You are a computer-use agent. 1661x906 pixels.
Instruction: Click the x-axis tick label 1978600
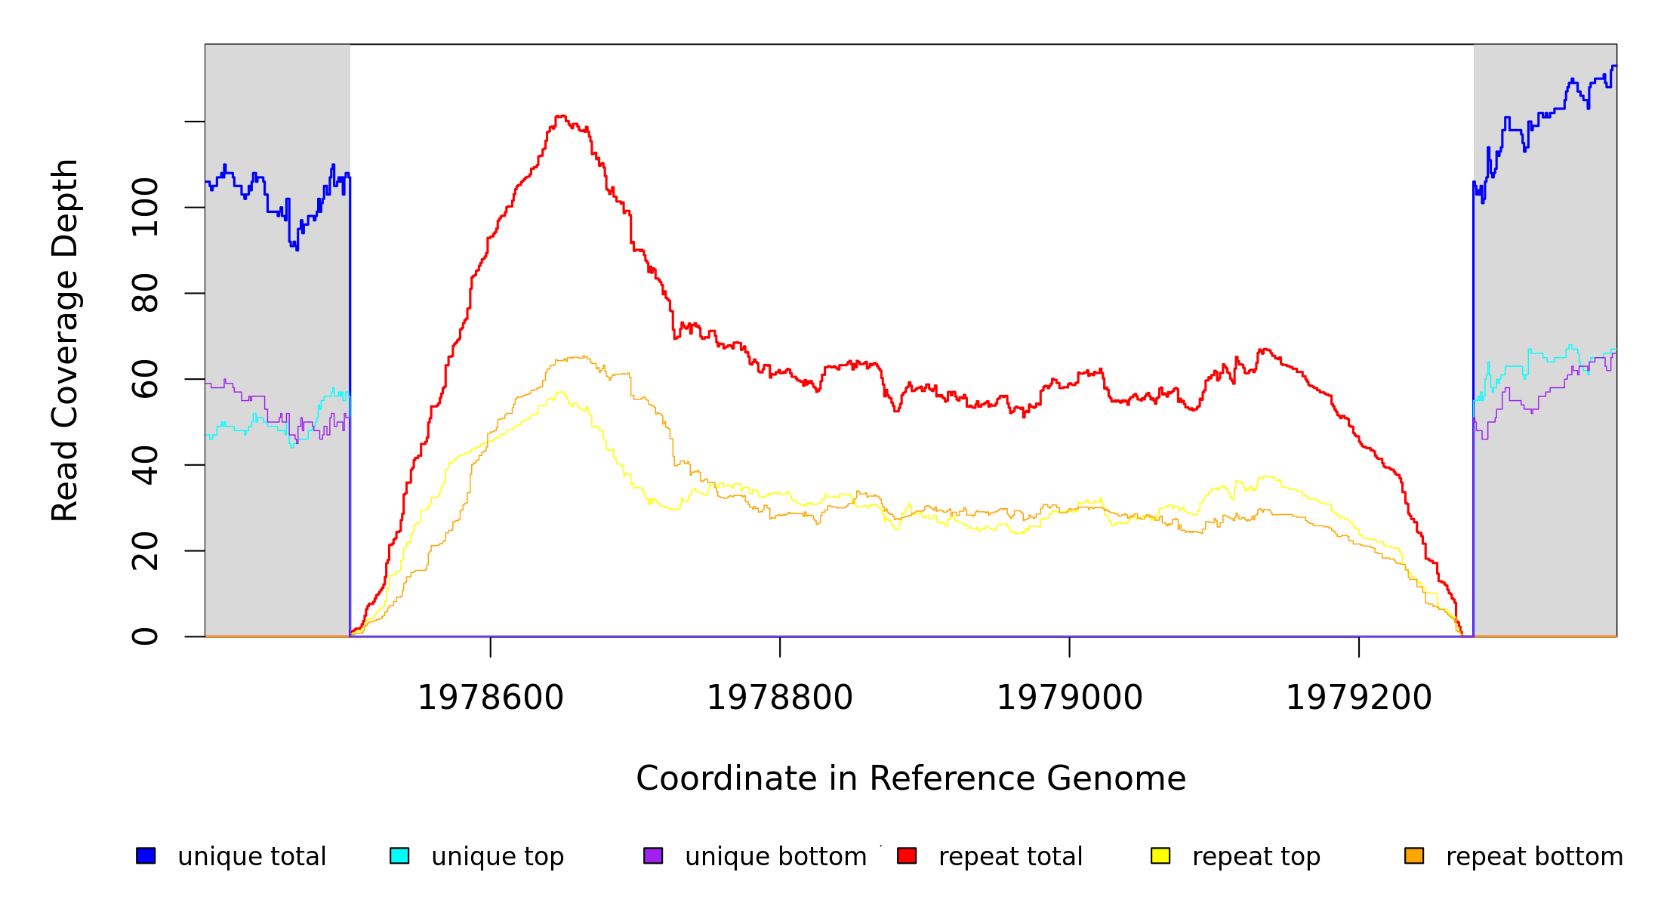(491, 698)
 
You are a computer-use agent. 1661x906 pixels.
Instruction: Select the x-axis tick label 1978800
(780, 698)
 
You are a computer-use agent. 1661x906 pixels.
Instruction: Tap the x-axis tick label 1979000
(1069, 698)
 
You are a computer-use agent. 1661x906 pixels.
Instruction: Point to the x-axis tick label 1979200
(1358, 698)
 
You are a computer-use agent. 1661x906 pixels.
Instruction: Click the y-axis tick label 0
(145, 636)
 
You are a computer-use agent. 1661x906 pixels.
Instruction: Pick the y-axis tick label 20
(145, 551)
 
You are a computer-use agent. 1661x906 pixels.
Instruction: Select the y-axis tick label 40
(145, 465)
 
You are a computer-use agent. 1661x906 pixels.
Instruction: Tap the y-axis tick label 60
(145, 379)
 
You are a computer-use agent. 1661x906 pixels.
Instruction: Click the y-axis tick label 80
(145, 293)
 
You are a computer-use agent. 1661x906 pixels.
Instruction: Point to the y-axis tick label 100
(145, 207)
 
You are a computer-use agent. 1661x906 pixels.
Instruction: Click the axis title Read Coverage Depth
(65, 340)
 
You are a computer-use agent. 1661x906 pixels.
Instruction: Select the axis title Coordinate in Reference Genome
(911, 779)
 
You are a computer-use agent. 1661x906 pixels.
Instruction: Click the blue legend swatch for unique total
(146, 855)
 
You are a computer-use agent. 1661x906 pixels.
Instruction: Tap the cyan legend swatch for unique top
(399, 855)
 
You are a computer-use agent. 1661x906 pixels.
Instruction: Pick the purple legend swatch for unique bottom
(653, 855)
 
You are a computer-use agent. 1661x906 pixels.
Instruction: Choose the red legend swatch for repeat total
(907, 855)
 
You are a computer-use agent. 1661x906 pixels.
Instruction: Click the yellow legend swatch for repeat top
(1160, 855)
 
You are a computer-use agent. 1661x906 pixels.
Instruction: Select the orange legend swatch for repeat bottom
(1414, 855)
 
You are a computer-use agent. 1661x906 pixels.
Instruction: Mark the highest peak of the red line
(560, 116)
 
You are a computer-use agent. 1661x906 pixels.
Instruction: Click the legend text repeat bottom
(1534, 857)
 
